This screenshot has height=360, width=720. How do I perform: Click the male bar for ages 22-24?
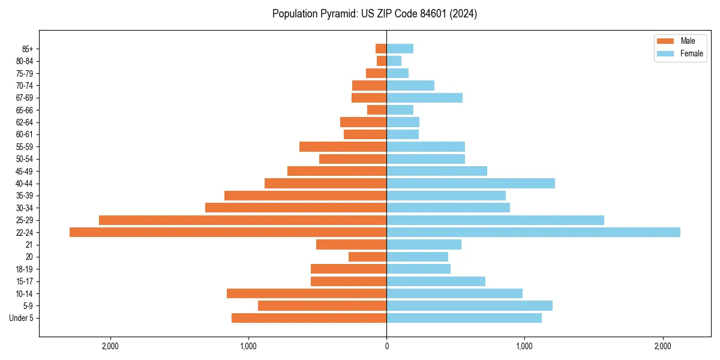click(x=228, y=232)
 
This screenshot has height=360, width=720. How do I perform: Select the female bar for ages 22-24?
click(x=533, y=232)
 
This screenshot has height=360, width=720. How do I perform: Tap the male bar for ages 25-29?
click(x=242, y=220)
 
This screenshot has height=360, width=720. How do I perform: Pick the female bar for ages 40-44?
click(x=470, y=184)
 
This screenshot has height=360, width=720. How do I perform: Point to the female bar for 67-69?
click(x=424, y=98)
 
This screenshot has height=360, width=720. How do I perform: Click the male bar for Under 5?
click(x=309, y=318)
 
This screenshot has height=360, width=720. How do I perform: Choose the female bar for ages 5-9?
click(x=469, y=306)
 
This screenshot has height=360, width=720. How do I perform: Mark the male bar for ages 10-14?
click(x=307, y=293)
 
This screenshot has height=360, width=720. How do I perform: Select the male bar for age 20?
click(x=367, y=257)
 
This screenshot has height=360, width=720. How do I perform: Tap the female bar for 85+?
click(x=400, y=49)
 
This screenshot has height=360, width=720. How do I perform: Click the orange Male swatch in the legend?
click(x=666, y=41)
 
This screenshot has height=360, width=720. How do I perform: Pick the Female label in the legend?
click(x=692, y=53)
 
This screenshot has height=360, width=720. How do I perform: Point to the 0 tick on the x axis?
click(x=386, y=346)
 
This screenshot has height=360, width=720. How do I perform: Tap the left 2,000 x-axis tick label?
click(x=110, y=346)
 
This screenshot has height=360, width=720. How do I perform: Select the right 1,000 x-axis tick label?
click(x=524, y=346)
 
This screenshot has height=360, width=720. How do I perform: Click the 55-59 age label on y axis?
click(x=24, y=147)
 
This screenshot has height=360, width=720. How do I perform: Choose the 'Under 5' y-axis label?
click(x=21, y=318)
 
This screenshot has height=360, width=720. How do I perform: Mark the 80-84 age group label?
click(x=24, y=61)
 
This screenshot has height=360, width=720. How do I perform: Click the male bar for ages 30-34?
click(x=296, y=208)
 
